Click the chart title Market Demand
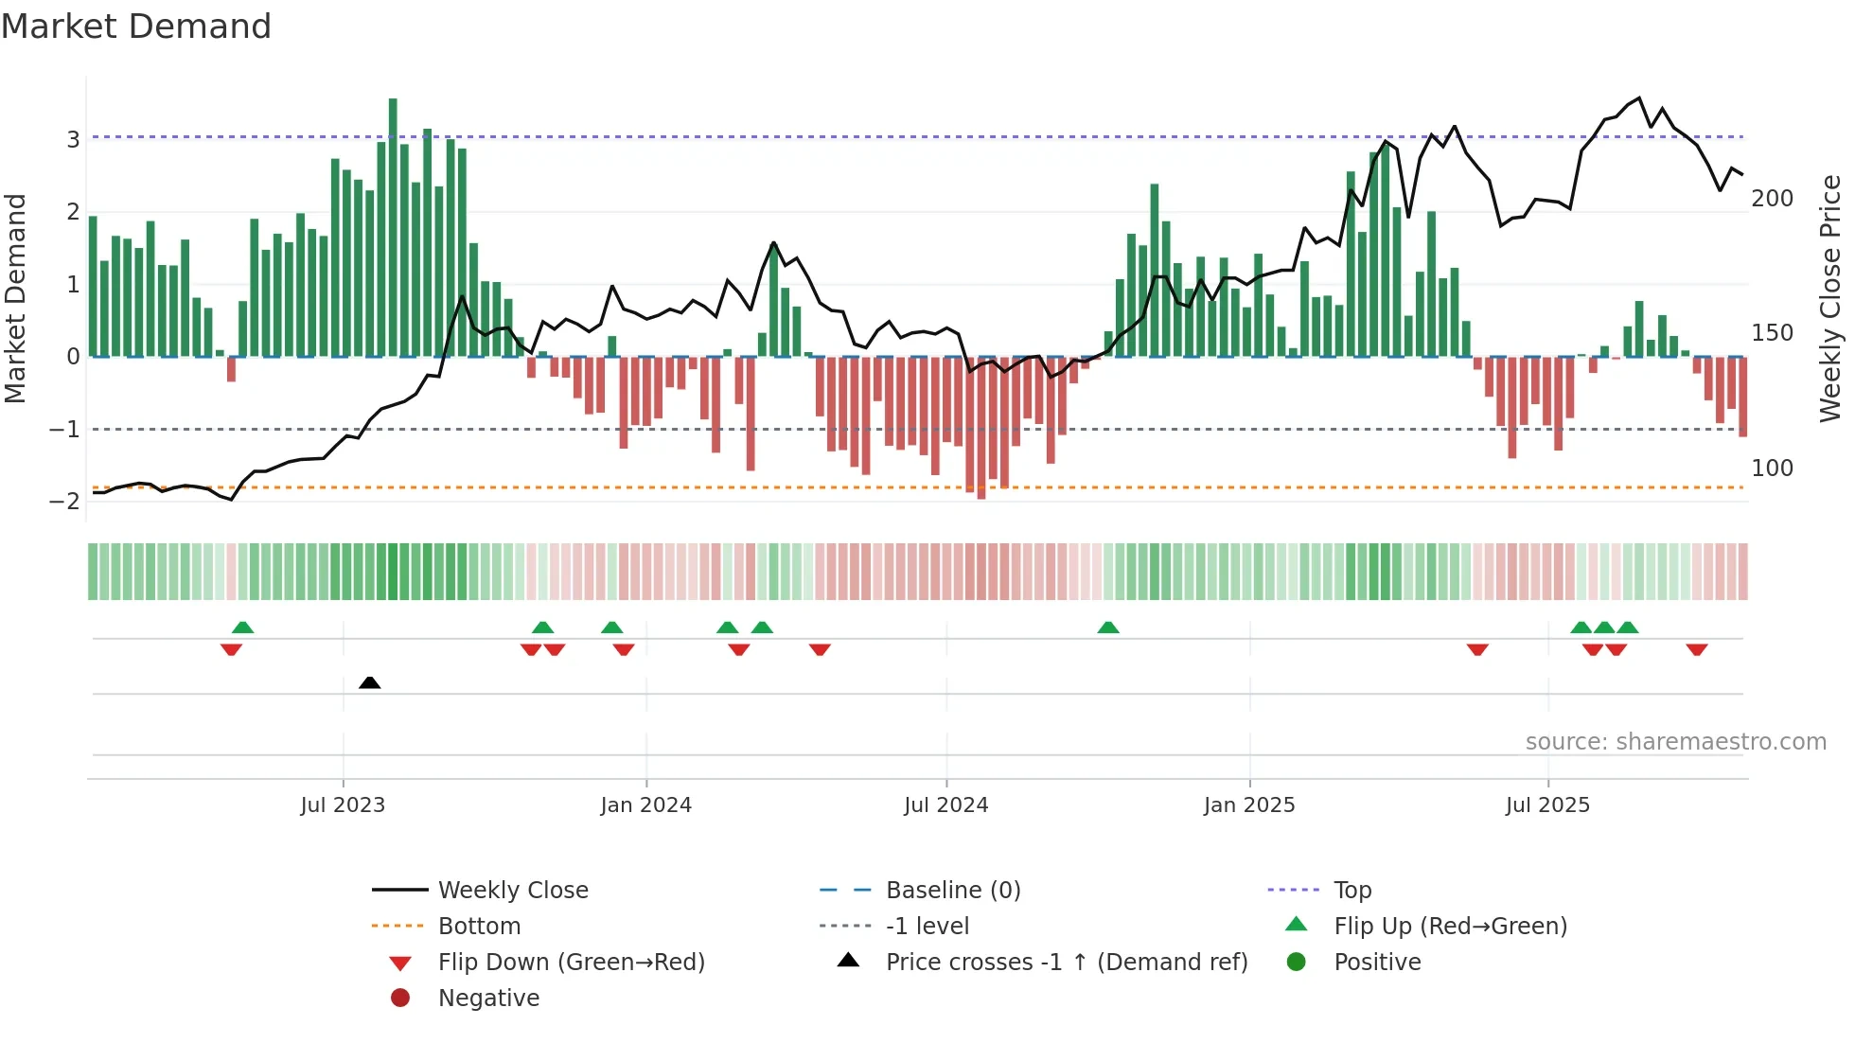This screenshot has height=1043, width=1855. (136, 27)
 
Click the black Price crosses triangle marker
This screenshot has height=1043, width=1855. (370, 683)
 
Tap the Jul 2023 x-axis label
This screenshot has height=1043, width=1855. (343, 805)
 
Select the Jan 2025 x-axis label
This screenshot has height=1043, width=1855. (1249, 805)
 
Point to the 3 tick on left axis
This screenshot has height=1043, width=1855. (73, 140)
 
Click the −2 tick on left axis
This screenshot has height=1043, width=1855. (65, 502)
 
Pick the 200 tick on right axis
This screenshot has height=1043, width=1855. (1772, 199)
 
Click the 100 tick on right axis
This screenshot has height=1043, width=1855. (1772, 468)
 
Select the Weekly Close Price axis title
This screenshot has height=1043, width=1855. (1829, 298)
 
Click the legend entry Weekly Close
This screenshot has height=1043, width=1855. (512, 891)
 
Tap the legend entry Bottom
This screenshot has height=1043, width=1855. (479, 927)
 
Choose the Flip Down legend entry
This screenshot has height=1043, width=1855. (571, 963)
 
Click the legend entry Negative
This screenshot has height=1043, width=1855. (488, 999)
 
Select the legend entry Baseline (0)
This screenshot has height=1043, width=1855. (952, 891)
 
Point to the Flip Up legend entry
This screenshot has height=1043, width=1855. (1450, 927)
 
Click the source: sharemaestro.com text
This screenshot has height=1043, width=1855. (1675, 742)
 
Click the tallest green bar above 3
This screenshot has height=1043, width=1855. (393, 227)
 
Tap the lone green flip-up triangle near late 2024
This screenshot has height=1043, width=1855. (1108, 628)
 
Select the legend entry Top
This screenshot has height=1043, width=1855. (1352, 891)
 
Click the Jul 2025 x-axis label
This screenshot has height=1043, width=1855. (1547, 805)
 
